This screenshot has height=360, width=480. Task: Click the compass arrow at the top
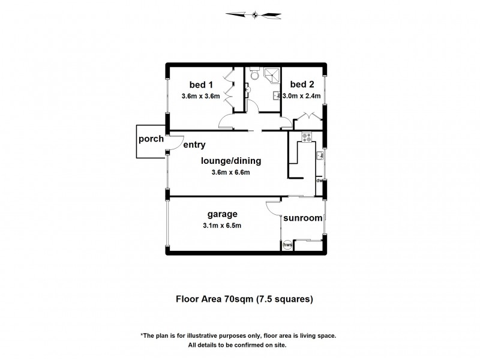tap(255, 14)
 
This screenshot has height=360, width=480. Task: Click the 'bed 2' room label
tap(302, 85)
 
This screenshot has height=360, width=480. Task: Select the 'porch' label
tap(151, 139)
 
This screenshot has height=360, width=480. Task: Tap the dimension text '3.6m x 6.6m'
tap(230, 172)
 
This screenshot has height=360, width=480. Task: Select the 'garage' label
tap(223, 214)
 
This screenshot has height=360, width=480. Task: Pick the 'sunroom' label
tap(303, 218)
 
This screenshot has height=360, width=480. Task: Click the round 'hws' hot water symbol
tap(287, 245)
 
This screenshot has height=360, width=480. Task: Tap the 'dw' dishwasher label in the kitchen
tap(320, 180)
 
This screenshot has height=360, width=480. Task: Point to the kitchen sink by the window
tap(320, 155)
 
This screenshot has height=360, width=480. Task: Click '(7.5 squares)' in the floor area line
tap(285, 298)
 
